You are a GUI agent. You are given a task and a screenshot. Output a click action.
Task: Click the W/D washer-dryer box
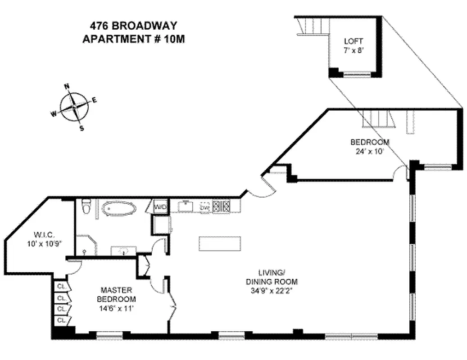click(160, 207)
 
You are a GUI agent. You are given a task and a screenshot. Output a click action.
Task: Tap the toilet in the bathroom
click(87, 207)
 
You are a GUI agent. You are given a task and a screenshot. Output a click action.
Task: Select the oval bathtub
click(118, 209)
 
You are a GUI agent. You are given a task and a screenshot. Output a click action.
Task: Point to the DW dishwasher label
click(204, 207)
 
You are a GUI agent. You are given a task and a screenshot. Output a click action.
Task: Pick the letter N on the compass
click(67, 86)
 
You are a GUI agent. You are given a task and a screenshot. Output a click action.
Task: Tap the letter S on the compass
click(82, 128)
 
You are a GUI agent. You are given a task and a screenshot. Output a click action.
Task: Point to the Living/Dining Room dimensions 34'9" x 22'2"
click(278, 291)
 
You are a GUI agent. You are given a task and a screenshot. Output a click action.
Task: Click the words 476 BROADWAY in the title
click(133, 26)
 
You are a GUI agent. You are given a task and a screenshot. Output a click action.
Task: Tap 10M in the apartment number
click(175, 39)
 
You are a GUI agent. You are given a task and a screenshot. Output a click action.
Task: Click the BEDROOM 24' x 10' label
click(370, 147)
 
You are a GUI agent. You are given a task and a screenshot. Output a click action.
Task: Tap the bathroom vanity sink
click(123, 251)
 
